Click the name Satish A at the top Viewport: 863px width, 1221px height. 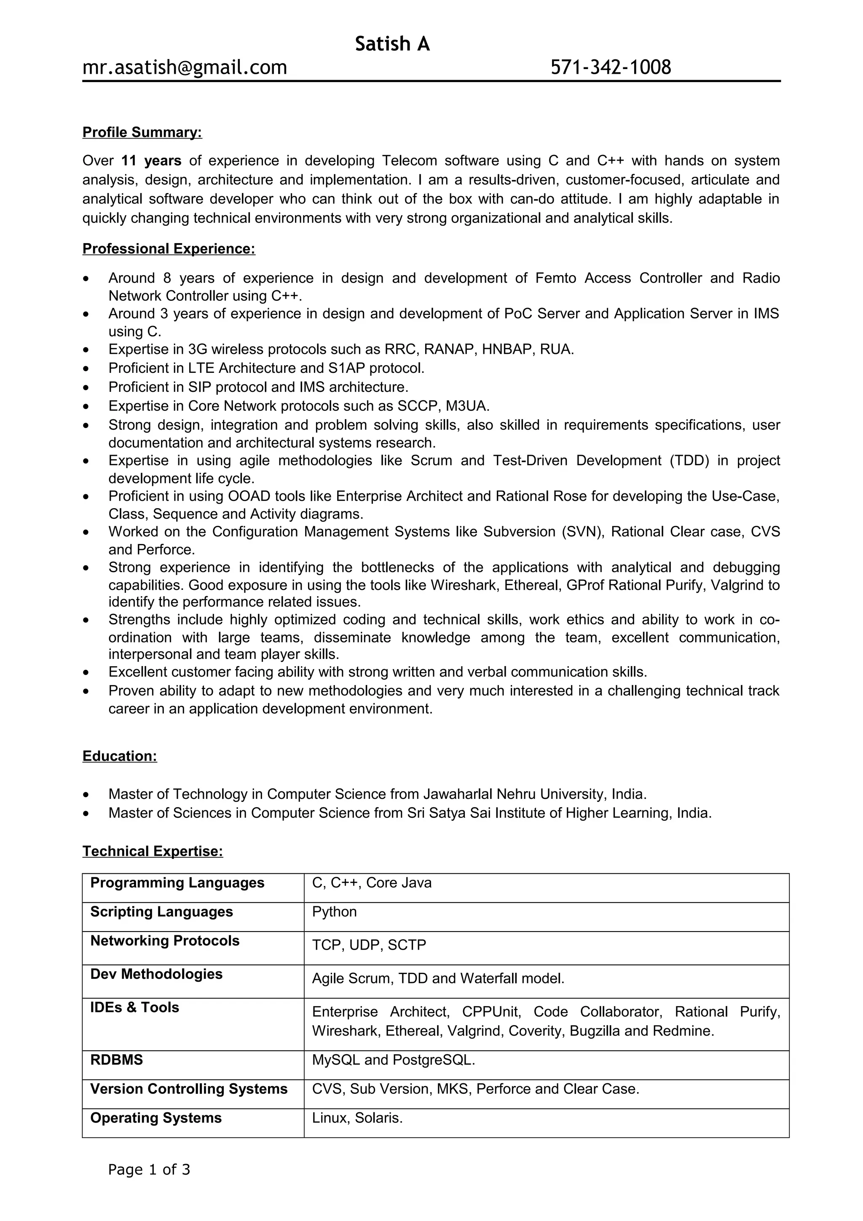click(x=392, y=44)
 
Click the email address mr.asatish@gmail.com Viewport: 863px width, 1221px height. click(x=185, y=67)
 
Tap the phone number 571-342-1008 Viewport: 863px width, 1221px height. click(x=611, y=67)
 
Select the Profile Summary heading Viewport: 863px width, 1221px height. click(x=142, y=132)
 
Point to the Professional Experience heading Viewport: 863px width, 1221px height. click(x=169, y=249)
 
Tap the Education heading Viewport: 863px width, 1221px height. click(x=120, y=756)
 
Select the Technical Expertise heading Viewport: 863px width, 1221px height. click(x=153, y=851)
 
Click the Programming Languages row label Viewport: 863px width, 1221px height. click(x=177, y=883)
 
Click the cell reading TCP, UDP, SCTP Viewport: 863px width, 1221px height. click(x=369, y=945)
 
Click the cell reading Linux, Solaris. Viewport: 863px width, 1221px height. click(x=357, y=1118)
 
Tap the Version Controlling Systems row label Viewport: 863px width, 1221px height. click(x=189, y=1089)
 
